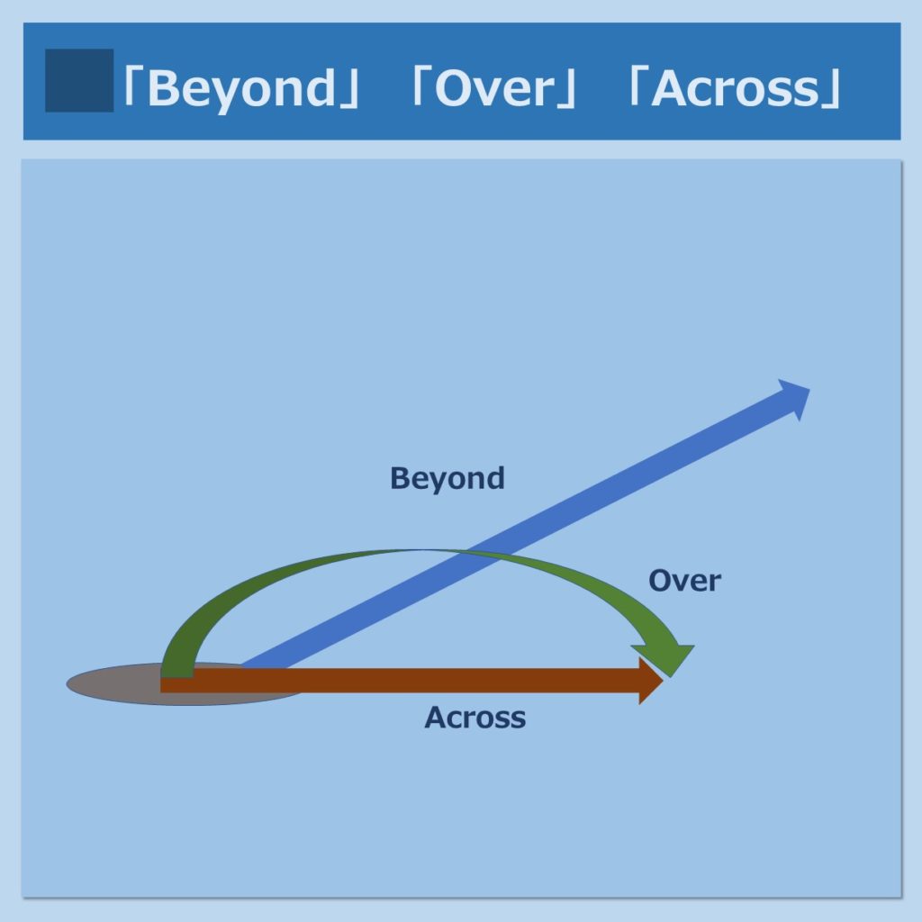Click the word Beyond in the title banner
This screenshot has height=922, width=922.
[240, 89]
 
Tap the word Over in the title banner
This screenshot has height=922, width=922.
[494, 88]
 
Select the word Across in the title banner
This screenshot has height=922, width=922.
[735, 88]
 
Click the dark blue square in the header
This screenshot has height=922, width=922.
[79, 80]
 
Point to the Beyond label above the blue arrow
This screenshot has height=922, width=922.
[447, 479]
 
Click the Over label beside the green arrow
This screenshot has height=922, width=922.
[684, 581]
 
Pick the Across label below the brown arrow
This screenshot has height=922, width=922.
[475, 718]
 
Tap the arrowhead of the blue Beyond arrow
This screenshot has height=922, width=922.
[795, 398]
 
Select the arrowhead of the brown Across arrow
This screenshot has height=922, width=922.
[651, 681]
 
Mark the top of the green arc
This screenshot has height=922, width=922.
[420, 551]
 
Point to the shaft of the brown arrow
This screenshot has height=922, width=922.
[400, 681]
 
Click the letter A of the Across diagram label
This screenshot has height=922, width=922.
[436, 718]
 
